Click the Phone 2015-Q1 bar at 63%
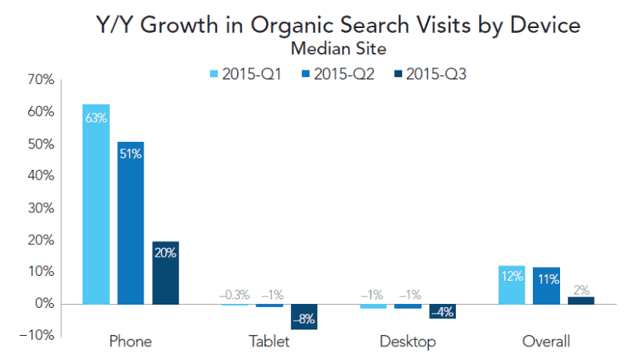pos(96,204)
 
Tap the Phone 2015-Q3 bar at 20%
pos(165,273)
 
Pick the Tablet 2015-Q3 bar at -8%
pos(304,317)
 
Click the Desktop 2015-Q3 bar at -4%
pos(442,311)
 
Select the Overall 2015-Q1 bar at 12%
pos(512,285)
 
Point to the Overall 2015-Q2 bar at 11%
pos(546,286)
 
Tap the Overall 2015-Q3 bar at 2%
pos(581,301)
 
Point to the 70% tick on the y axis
pos(40,80)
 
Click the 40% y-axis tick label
pos(40,176)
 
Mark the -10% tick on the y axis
pos(37,335)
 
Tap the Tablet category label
pos(269,342)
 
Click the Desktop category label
pos(408,342)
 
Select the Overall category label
pos(546,342)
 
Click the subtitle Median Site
pos(338,49)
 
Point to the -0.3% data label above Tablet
pos(235,294)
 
